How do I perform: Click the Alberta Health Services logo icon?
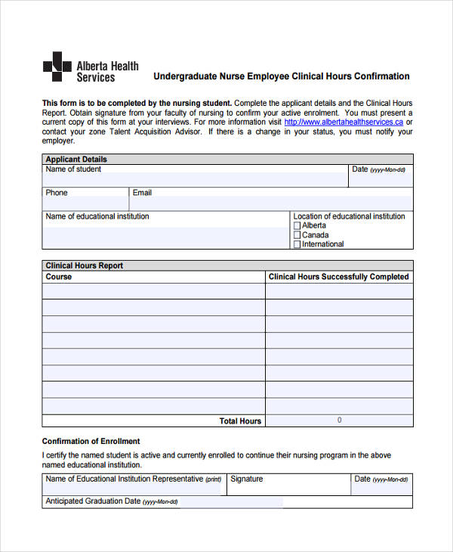(57, 67)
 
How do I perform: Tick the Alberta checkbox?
(297, 226)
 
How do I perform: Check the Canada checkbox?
(297, 235)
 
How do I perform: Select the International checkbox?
(297, 244)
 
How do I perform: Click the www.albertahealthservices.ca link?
(344, 122)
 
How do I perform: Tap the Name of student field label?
(73, 169)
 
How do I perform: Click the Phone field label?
(57, 193)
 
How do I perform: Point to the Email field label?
(142, 193)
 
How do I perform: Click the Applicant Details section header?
(76, 160)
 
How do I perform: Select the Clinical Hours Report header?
(84, 266)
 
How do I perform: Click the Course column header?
(59, 277)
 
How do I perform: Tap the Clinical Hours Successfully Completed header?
(338, 277)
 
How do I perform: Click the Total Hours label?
(240, 421)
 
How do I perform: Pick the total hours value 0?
(339, 420)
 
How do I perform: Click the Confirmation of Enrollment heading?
(91, 441)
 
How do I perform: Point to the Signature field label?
(247, 479)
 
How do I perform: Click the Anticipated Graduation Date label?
(93, 501)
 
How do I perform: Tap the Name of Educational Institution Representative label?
(125, 479)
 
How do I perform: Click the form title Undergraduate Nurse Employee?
(282, 76)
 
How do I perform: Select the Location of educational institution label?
(349, 216)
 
